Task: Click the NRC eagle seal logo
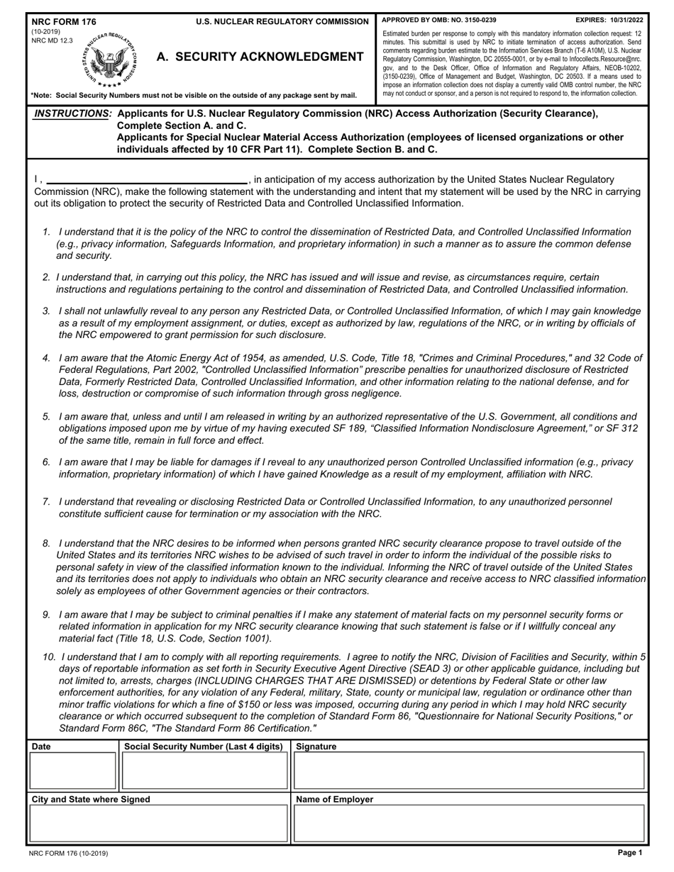click(x=109, y=60)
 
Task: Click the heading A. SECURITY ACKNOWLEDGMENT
click(x=260, y=57)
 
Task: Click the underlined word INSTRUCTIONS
click(x=73, y=113)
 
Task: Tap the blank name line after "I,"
click(x=147, y=179)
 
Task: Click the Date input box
click(x=72, y=771)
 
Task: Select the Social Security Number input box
click(x=204, y=771)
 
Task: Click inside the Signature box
click(x=469, y=771)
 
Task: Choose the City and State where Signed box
click(x=158, y=823)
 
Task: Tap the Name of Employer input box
click(x=469, y=823)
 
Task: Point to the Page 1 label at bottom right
click(x=629, y=853)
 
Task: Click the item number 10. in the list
click(x=49, y=657)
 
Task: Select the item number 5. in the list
click(x=46, y=417)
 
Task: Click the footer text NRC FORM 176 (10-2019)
click(x=69, y=854)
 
